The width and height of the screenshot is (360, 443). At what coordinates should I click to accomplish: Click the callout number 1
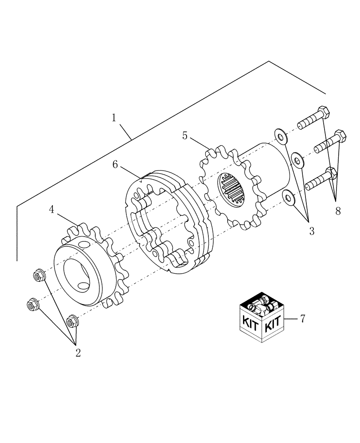pos(114,118)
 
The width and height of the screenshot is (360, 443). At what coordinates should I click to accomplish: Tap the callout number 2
pos(78,353)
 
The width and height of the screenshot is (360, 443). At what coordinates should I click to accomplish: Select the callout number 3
pos(312,230)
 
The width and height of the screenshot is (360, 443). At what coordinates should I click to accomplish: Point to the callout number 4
pos(52,210)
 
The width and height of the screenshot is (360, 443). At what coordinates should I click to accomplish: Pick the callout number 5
pos(185,135)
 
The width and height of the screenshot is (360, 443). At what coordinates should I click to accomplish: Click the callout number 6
pos(115,164)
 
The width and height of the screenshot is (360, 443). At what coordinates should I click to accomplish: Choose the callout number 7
pos(302,318)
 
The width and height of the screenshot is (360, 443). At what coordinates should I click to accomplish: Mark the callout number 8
pos(338,211)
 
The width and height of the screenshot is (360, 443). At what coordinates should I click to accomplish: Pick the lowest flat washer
pos(290,198)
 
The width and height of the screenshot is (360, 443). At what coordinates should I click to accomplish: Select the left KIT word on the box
pos(250,322)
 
